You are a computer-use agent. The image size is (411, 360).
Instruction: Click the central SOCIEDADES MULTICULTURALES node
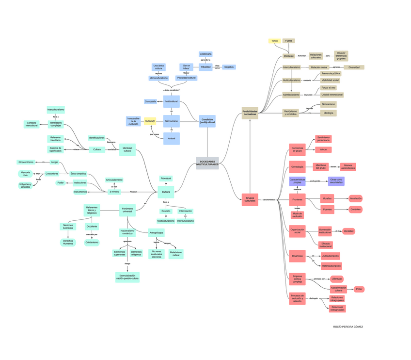pyautogui.click(x=207, y=164)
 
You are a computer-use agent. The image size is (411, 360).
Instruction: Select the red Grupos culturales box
pyautogui.click(x=250, y=199)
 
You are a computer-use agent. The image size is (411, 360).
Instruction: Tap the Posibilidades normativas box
pyautogui.click(x=250, y=113)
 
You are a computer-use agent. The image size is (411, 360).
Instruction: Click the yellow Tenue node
pyautogui.click(x=274, y=41)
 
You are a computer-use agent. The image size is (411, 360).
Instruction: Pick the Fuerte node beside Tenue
pyautogui.click(x=288, y=41)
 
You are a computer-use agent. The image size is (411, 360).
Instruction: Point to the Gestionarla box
pyautogui.click(x=205, y=54)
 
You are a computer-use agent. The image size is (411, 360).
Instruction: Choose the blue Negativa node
pyautogui.click(x=229, y=67)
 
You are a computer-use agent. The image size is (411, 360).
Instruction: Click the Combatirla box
pyautogui.click(x=150, y=101)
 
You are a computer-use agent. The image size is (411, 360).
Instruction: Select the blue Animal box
pyautogui.click(x=172, y=139)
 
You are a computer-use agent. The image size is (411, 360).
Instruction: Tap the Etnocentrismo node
pyautogui.click(x=26, y=162)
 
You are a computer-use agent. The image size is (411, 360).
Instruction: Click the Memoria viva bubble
pyautogui.click(x=25, y=174)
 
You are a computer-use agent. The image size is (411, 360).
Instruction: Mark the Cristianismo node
pyautogui.click(x=92, y=242)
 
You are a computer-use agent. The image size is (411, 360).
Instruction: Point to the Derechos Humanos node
pyautogui.click(x=68, y=242)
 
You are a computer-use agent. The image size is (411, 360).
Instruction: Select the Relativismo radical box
pyautogui.click(x=176, y=254)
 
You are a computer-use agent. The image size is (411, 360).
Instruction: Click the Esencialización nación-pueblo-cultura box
pyautogui.click(x=127, y=277)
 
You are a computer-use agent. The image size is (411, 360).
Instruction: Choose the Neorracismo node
pyautogui.click(x=328, y=104)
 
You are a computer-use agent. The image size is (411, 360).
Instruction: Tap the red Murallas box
pyautogui.click(x=327, y=198)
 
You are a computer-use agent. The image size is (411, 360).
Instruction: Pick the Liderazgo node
pyautogui.click(x=337, y=279)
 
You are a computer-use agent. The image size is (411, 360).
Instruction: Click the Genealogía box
pyautogui.click(x=297, y=167)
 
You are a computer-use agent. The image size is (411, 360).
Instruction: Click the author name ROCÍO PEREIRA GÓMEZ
pyautogui.click(x=348, y=327)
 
